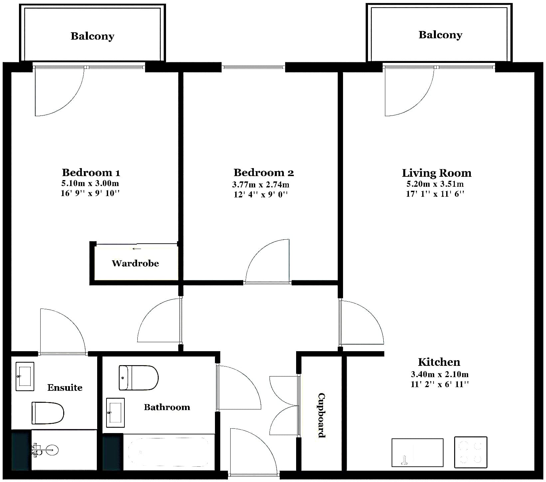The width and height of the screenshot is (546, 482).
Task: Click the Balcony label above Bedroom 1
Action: point(92,36)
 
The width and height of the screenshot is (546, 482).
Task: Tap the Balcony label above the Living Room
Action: point(440,35)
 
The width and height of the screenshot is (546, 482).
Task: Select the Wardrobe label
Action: point(135,263)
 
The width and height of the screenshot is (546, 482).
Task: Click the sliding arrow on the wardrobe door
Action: point(136,249)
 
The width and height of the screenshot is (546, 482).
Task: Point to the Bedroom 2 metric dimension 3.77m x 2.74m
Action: point(261,184)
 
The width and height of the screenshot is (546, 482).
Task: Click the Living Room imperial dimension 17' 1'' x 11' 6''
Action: point(435,194)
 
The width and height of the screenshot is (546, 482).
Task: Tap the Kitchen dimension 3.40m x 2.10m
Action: point(440,374)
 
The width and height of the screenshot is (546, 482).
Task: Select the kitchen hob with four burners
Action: point(470,452)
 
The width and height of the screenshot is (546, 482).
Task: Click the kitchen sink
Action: point(418,452)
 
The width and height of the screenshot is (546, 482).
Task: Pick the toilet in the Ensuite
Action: point(48,413)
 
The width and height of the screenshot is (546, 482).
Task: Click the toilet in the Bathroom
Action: point(139,378)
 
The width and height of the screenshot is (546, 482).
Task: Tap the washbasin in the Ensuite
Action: point(25,376)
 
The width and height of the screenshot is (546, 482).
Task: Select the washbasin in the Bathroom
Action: point(115,413)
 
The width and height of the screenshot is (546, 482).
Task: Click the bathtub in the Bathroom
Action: point(169,452)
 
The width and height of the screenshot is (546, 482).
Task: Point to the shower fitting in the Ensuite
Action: point(45,450)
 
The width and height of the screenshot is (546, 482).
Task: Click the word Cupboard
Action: point(321,415)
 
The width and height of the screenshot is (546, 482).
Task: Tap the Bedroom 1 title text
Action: point(91,172)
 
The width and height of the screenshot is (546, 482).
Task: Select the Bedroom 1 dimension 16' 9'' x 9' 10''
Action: point(90,193)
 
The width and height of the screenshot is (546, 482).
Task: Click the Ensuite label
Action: point(65,387)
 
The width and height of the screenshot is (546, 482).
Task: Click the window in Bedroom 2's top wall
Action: point(254,67)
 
